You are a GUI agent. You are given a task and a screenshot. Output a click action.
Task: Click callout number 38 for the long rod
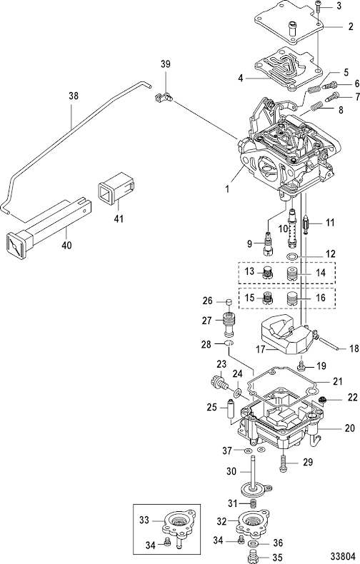click(x=74, y=96)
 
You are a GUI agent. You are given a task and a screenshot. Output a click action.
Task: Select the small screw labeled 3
click(x=319, y=6)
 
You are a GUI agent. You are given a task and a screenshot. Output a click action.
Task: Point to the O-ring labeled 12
click(x=292, y=256)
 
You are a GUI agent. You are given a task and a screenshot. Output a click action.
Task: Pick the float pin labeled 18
click(x=329, y=343)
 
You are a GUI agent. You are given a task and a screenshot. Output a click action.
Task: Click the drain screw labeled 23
click(x=218, y=383)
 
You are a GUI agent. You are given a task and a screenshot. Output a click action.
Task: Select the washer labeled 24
click(x=237, y=393)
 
